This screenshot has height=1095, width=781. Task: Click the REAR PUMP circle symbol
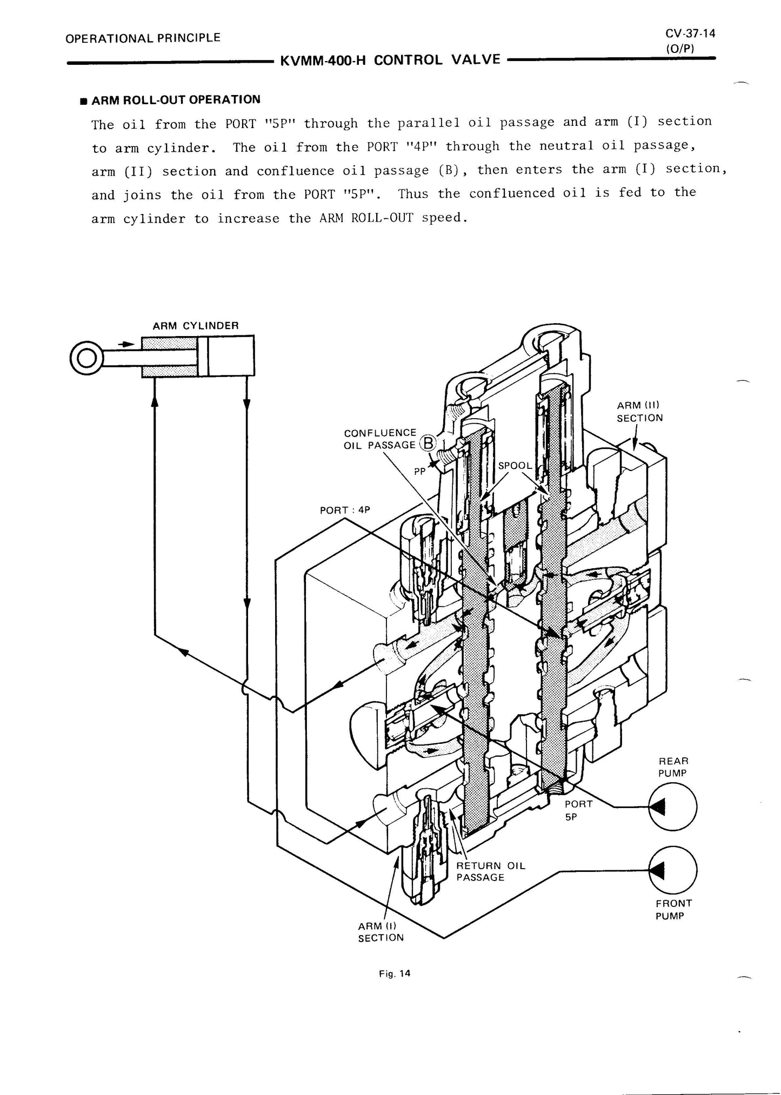(672, 808)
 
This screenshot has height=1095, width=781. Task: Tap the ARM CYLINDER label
(195, 326)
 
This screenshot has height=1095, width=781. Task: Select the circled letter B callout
(428, 443)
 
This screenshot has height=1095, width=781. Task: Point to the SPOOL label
(515, 466)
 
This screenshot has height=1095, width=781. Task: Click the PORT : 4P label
(345, 510)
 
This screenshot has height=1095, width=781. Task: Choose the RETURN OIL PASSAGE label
(490, 871)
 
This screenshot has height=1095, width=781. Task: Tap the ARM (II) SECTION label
(639, 412)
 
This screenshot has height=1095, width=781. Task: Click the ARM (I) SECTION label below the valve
(381, 932)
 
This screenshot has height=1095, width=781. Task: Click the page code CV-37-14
(690, 34)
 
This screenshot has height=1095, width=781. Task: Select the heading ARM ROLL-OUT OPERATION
(176, 100)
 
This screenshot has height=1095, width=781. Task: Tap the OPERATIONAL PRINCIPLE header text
(143, 38)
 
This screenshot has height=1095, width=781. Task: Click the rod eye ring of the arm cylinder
(85, 358)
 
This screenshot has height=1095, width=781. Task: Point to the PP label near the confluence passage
(420, 471)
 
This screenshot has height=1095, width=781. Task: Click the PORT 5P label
(578, 810)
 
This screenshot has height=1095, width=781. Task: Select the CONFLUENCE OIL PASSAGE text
(380, 439)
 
